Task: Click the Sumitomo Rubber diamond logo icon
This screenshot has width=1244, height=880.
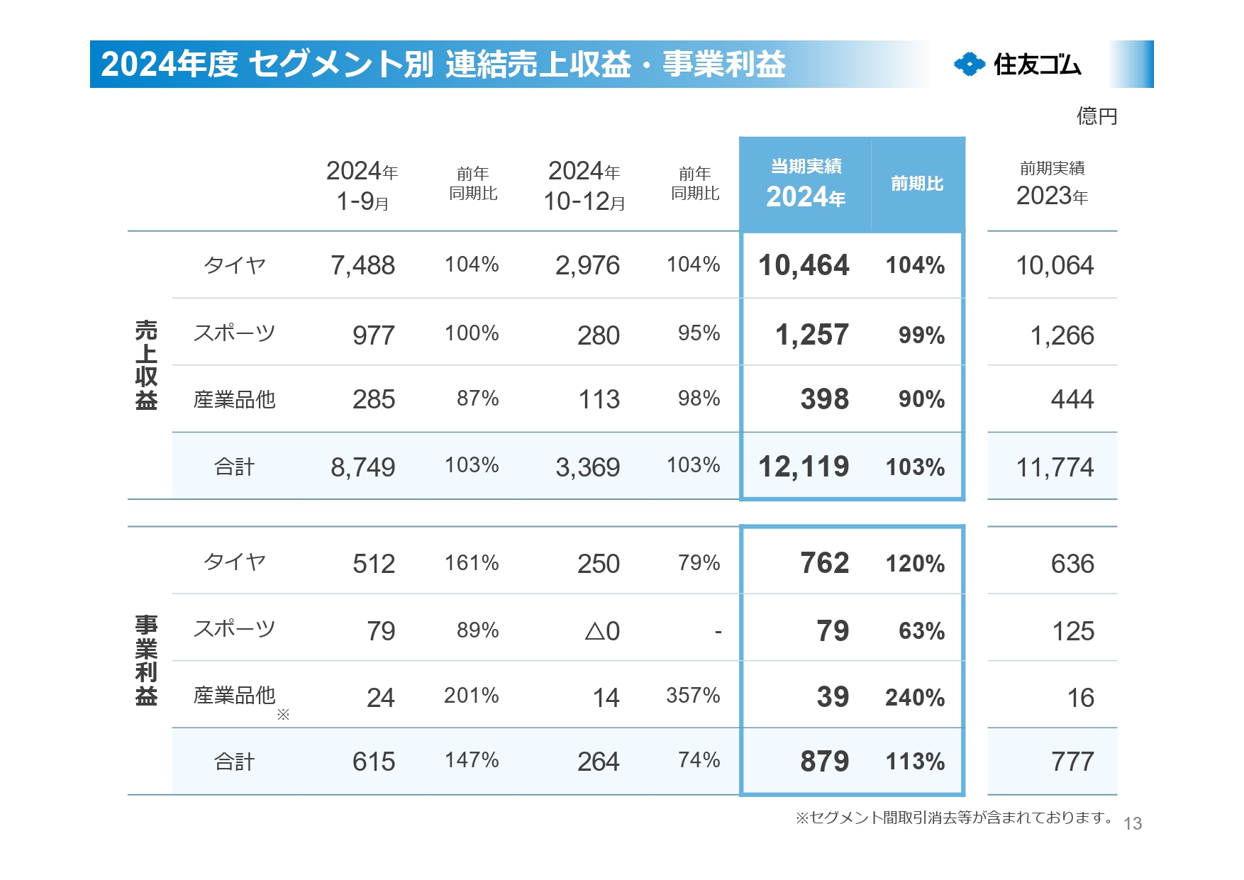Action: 970,65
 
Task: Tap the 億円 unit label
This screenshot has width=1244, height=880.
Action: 1096,116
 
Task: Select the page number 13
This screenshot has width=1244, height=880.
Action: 1133,823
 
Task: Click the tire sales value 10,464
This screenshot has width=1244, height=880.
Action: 803,265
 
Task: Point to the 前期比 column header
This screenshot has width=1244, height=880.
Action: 917,184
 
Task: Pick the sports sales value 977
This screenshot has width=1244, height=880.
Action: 373,335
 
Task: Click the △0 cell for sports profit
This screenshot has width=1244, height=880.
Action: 602,631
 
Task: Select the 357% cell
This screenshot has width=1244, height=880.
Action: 693,696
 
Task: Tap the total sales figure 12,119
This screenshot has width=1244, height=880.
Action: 803,467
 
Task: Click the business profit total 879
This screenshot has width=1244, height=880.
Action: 824,762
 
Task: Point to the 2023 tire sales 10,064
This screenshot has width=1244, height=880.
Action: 1055,266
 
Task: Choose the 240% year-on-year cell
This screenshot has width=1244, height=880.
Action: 915,698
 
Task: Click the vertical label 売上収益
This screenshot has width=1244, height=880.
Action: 146,365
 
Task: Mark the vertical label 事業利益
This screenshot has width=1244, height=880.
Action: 146,660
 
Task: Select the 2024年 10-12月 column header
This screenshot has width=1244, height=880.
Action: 584,186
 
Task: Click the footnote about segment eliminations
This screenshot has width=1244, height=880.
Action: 954,818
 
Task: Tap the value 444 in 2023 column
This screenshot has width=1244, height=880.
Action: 1072,399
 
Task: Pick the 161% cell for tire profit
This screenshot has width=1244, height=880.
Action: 472,563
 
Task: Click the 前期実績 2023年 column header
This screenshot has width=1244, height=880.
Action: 1052,184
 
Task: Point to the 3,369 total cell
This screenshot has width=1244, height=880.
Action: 587,467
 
